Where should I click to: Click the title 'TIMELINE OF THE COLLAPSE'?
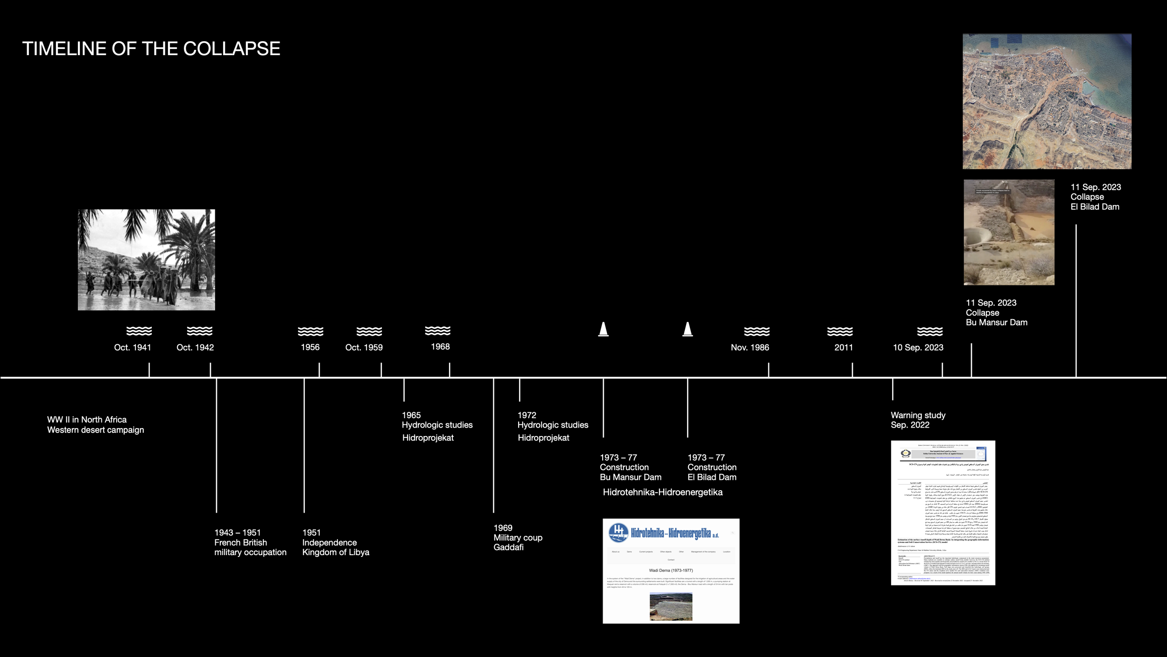pyautogui.click(x=151, y=49)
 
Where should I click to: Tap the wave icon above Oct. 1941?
pyautogui.click(x=139, y=331)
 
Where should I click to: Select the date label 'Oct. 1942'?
pyautogui.click(x=195, y=347)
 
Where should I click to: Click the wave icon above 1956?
pyautogui.click(x=310, y=331)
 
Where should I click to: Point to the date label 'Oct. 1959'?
pyautogui.click(x=364, y=347)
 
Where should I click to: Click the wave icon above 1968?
pyautogui.click(x=437, y=330)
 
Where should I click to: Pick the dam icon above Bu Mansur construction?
pyautogui.click(x=603, y=329)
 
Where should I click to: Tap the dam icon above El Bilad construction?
pyautogui.click(x=687, y=329)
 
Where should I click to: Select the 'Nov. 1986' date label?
pyautogui.click(x=750, y=347)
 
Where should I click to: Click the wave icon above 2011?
pyautogui.click(x=840, y=331)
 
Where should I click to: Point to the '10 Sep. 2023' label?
pyautogui.click(x=918, y=347)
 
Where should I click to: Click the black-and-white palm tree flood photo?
pyautogui.click(x=146, y=259)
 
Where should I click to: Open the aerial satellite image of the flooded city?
pyautogui.click(x=1047, y=101)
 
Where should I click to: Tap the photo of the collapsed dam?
pyautogui.click(x=1009, y=232)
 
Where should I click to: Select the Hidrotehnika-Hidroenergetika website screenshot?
pyautogui.click(x=671, y=571)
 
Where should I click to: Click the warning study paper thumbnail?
pyautogui.click(x=943, y=513)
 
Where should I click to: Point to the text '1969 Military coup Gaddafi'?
pyautogui.click(x=518, y=537)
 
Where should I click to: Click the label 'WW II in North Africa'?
pyautogui.click(x=87, y=420)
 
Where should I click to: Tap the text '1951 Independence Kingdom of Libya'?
pyautogui.click(x=335, y=542)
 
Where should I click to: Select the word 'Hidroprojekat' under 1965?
pyautogui.click(x=428, y=438)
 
